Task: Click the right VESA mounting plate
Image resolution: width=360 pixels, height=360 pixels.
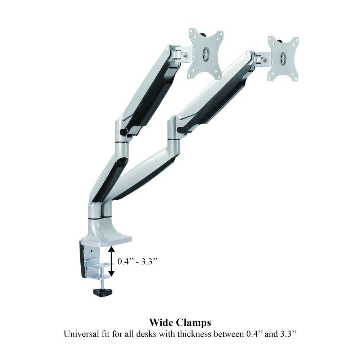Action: [283, 59]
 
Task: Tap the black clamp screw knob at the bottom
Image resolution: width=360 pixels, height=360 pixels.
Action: [102, 292]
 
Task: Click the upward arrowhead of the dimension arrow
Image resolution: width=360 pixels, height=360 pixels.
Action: [112, 249]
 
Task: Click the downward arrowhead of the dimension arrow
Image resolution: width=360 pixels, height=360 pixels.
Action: [112, 273]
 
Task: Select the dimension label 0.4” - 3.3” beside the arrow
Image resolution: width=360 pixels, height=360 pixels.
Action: [138, 261]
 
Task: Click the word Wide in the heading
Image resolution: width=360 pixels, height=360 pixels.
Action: [161, 323]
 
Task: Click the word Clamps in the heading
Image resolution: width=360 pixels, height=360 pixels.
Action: [193, 323]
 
